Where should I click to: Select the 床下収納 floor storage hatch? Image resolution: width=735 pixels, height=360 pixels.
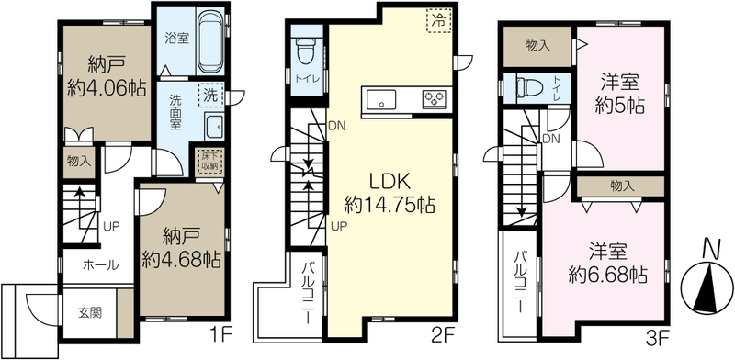[209, 163]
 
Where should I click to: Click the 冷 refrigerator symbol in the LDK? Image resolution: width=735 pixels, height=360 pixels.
[438, 20]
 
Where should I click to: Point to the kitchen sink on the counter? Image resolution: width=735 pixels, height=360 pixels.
[381, 99]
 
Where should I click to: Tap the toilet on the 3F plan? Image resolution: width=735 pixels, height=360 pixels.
[529, 87]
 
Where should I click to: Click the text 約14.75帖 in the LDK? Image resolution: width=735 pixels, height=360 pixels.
[390, 205]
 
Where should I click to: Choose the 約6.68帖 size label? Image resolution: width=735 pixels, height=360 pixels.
[608, 275]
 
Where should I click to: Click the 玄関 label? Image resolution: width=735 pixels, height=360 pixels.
[89, 312]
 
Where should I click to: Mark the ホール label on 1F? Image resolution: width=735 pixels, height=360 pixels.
[100, 265]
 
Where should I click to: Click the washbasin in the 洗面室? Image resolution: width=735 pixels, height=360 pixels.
[215, 126]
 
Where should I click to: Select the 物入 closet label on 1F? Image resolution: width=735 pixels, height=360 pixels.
[79, 162]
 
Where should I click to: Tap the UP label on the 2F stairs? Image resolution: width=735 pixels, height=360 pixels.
[340, 227]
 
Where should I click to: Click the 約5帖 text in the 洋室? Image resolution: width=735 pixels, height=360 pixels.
[619, 107]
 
